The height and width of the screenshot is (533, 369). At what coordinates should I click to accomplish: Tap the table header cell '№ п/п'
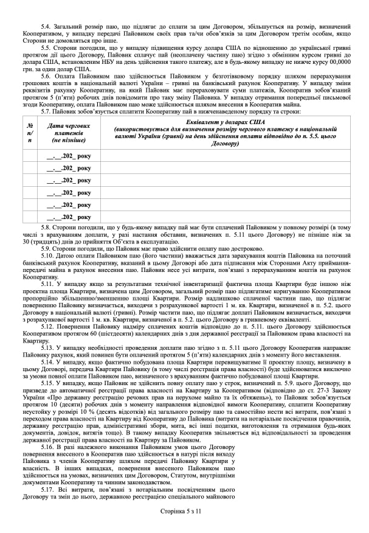(x=30, y=131)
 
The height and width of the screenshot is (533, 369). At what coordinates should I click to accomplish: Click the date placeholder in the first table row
(x=69, y=156)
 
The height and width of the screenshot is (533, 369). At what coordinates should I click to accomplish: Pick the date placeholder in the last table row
(x=69, y=216)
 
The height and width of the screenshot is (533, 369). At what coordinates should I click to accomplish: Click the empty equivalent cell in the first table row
(x=226, y=156)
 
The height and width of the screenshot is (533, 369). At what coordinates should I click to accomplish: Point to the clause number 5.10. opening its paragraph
(x=48, y=256)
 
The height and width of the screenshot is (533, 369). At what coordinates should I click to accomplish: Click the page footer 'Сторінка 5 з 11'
(x=184, y=513)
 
